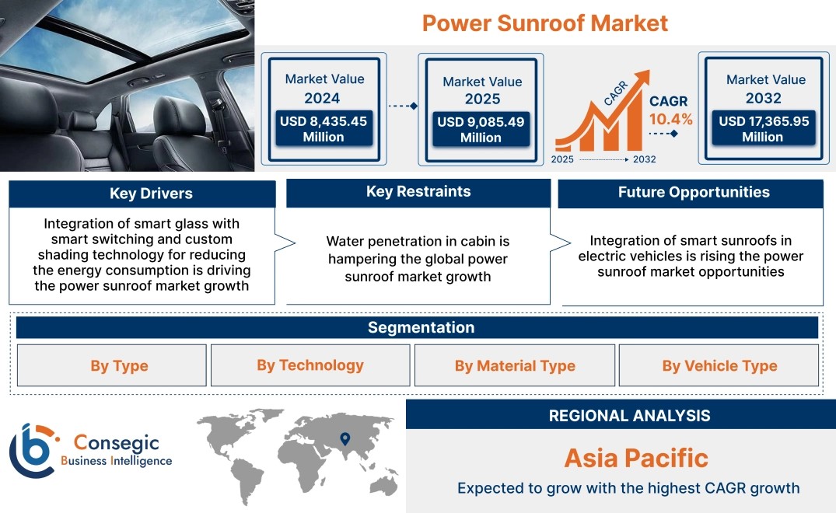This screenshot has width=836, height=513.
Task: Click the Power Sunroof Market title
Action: pyautogui.click(x=545, y=23)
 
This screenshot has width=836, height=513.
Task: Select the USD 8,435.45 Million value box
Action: pyautogui.click(x=324, y=128)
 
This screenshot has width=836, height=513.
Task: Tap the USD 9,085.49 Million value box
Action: pyautogui.click(x=481, y=129)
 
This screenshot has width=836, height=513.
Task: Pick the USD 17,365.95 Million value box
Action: pyautogui.click(x=764, y=128)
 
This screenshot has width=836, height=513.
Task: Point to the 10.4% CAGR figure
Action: pyautogui.click(x=670, y=120)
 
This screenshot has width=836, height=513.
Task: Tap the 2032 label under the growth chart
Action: pyautogui.click(x=644, y=159)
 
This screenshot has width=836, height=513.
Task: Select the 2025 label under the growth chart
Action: pyautogui.click(x=562, y=159)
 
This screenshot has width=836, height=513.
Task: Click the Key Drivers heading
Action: pyautogui.click(x=151, y=194)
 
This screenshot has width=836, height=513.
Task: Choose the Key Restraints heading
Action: pyautogui.click(x=418, y=192)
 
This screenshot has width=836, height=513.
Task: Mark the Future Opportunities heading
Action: pyautogui.click(x=694, y=192)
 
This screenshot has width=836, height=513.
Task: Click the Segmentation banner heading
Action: pyautogui.click(x=421, y=327)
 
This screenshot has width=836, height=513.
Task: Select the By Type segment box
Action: pyautogui.click(x=111, y=365)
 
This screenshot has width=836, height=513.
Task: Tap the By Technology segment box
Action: pyautogui.click(x=310, y=365)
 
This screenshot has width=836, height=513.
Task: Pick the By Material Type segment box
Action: pyautogui.click(x=515, y=365)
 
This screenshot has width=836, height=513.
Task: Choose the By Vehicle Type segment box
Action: pyautogui.click(x=719, y=365)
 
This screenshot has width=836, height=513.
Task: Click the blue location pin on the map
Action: pyautogui.click(x=345, y=439)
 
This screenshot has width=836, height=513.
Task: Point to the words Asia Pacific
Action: pyautogui.click(x=636, y=458)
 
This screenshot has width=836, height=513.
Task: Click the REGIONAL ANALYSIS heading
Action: pyautogui.click(x=630, y=416)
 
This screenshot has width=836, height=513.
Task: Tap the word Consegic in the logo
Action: pyautogui.click(x=116, y=443)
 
